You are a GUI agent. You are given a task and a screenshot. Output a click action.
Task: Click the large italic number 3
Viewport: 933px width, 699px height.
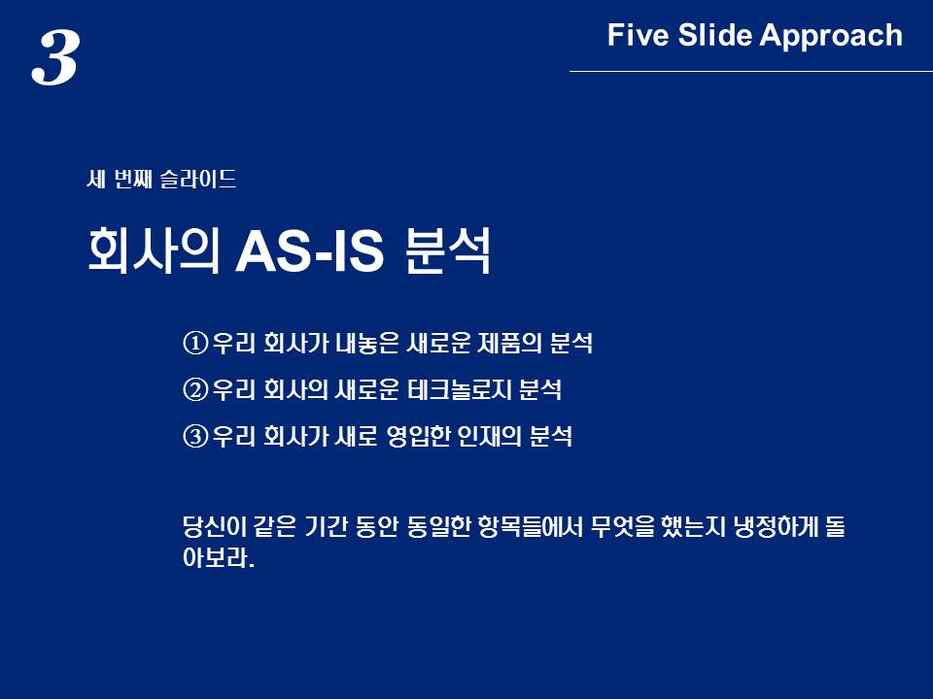pos(55,58)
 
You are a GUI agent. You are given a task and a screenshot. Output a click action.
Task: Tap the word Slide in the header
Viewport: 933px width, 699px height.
pos(715,35)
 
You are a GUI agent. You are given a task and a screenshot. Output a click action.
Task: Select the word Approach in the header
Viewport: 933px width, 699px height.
pos(831,36)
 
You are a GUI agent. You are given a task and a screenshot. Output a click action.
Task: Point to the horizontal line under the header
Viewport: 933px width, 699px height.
pos(751,71)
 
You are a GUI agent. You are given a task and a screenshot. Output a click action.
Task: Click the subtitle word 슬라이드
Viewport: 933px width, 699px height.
pos(198,179)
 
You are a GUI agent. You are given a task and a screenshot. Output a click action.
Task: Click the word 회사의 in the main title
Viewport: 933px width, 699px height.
pos(154,250)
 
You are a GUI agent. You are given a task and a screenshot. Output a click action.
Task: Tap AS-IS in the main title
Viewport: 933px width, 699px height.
pos(309,251)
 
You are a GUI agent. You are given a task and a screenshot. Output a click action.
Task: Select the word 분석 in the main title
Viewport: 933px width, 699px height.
pos(447,250)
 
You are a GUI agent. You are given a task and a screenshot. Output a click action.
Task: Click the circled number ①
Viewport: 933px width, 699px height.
pos(195,344)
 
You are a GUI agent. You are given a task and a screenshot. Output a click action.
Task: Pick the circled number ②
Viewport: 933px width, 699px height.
pos(195,390)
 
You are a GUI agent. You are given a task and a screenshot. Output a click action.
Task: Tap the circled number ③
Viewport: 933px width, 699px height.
pos(195,436)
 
